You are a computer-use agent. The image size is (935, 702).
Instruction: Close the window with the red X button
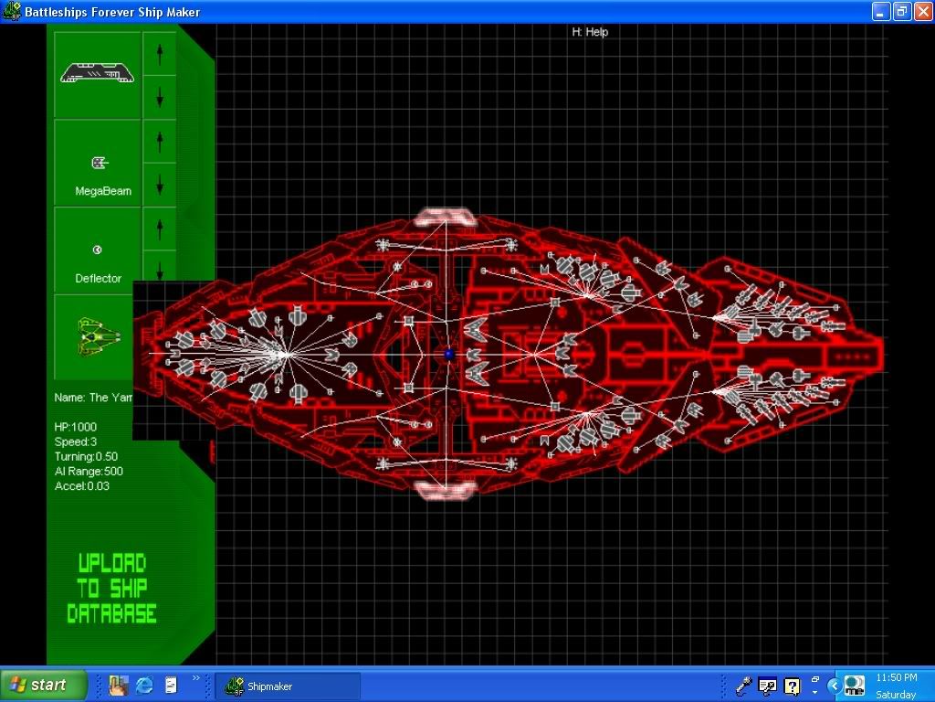pos(921,12)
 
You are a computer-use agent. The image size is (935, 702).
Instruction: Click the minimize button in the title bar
pos(880,12)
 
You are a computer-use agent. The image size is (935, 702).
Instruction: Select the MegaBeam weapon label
pos(102,191)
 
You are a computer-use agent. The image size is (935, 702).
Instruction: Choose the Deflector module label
pos(98,278)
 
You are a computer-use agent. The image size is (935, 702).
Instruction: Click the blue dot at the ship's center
pos(448,354)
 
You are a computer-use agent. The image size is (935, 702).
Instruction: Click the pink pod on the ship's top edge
pos(444,218)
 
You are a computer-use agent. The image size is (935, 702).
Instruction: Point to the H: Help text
pos(590,32)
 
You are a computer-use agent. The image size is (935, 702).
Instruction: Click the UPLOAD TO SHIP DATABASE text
pos(111,589)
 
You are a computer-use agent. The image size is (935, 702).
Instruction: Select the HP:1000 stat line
pos(76,427)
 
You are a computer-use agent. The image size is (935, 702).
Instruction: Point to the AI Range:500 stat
pos(89,471)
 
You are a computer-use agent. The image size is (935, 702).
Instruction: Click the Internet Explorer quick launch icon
pos(144,685)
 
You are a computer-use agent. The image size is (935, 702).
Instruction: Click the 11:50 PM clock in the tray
pos(896,677)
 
